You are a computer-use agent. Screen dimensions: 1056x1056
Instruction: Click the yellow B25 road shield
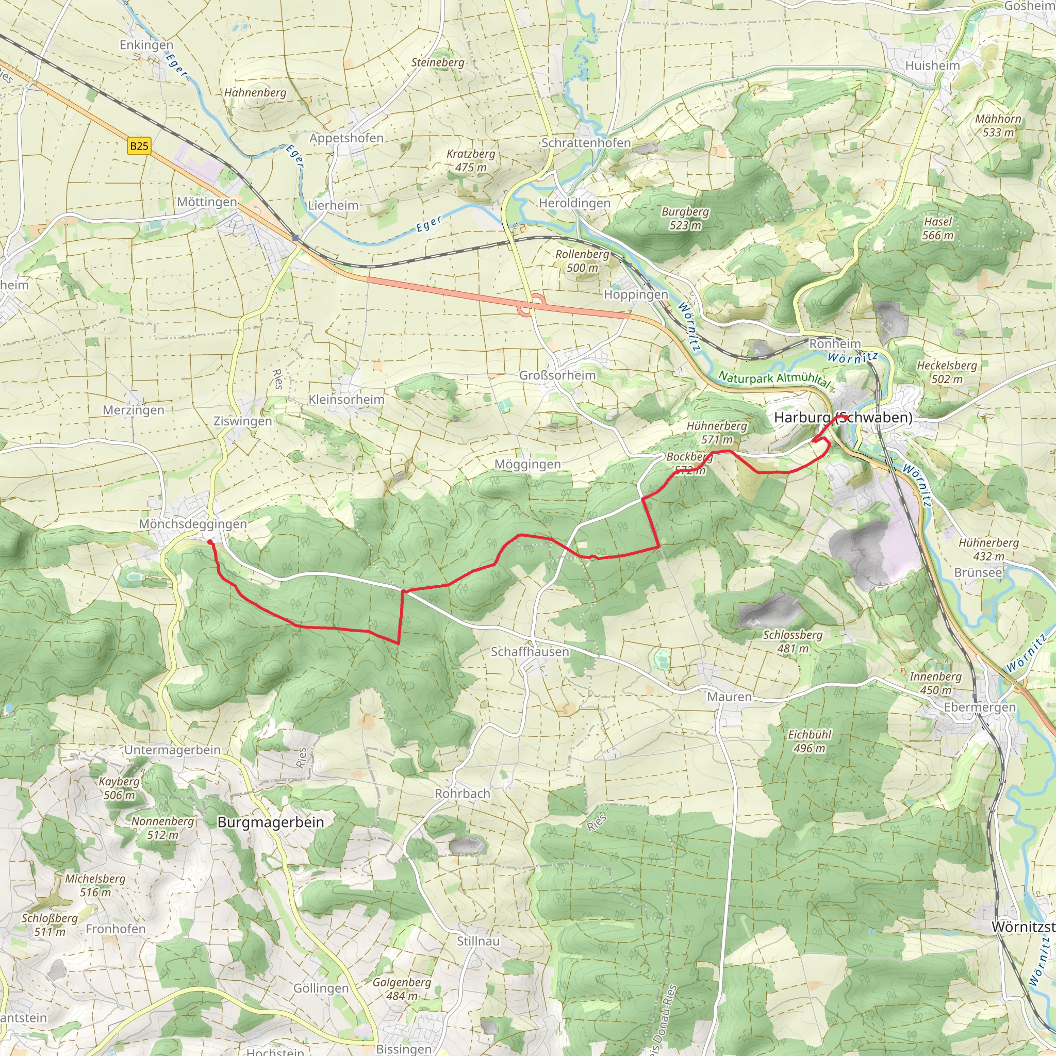[x=139, y=146]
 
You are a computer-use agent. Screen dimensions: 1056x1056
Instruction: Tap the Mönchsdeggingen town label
[x=193, y=524]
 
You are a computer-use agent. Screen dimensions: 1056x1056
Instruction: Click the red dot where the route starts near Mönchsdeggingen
[x=210, y=542]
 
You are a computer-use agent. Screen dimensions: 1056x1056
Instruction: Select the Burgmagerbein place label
[x=271, y=822]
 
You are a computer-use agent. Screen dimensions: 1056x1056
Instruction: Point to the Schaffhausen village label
[x=530, y=652]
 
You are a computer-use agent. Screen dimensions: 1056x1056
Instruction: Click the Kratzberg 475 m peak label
[x=471, y=161]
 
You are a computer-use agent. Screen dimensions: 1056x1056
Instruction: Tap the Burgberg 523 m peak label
[x=685, y=218]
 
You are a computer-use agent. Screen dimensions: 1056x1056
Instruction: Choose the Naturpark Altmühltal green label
[x=774, y=378]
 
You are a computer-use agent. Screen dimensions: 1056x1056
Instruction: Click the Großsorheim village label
[x=557, y=375]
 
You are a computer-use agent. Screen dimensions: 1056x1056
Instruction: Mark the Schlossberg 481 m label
[x=793, y=641]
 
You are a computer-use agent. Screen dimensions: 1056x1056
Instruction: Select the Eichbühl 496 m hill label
[x=810, y=741]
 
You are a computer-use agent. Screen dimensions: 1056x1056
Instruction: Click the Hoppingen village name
[x=636, y=294]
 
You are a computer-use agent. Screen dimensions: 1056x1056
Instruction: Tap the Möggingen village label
[x=527, y=464]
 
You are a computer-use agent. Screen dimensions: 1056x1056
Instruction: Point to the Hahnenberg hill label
[x=255, y=92]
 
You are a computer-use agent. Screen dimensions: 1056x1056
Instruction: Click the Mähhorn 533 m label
[x=998, y=125]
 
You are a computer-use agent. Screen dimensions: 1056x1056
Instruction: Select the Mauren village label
[x=729, y=697]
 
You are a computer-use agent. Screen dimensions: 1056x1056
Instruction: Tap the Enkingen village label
[x=146, y=45]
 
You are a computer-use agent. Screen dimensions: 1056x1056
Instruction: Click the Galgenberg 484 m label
[x=402, y=989]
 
